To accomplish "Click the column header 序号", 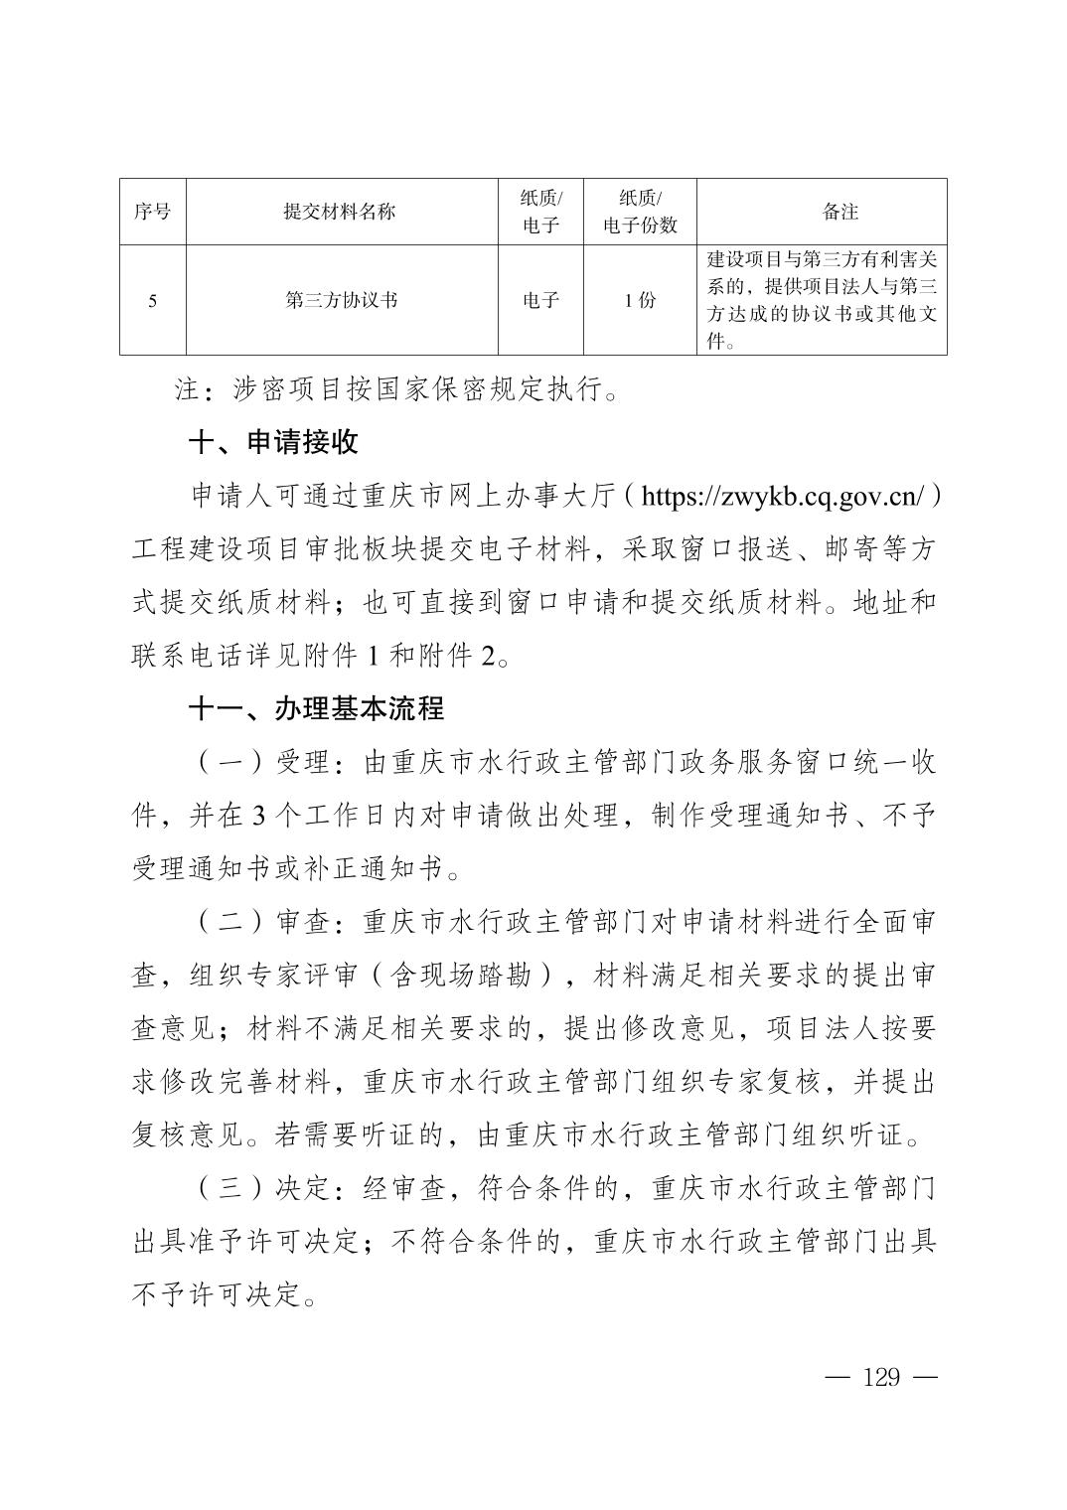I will tap(152, 212).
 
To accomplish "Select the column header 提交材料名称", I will tap(340, 212).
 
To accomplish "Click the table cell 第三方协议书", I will tap(340, 300).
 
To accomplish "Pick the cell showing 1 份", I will tap(640, 300).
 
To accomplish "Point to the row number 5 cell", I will tap(152, 300).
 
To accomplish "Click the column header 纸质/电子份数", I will tap(640, 212).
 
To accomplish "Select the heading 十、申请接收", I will tap(273, 443).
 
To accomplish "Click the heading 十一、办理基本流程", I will tap(317, 709).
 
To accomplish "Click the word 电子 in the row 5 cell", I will tap(540, 300).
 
